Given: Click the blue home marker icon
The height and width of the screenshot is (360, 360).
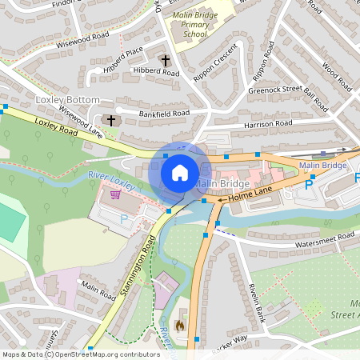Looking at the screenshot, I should (180, 173).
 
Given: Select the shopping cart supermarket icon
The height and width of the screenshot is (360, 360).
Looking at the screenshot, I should (115, 194).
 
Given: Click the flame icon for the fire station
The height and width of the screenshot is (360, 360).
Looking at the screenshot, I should (179, 325).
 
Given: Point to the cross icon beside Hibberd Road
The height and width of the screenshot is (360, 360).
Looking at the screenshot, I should (166, 60).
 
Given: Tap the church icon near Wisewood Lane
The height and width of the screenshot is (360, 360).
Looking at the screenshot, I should (110, 120).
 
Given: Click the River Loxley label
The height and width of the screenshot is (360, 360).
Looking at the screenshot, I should (112, 177).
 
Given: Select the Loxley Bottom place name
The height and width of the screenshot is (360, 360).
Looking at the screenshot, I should (68, 100).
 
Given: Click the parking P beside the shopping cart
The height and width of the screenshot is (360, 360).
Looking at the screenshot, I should (123, 218).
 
